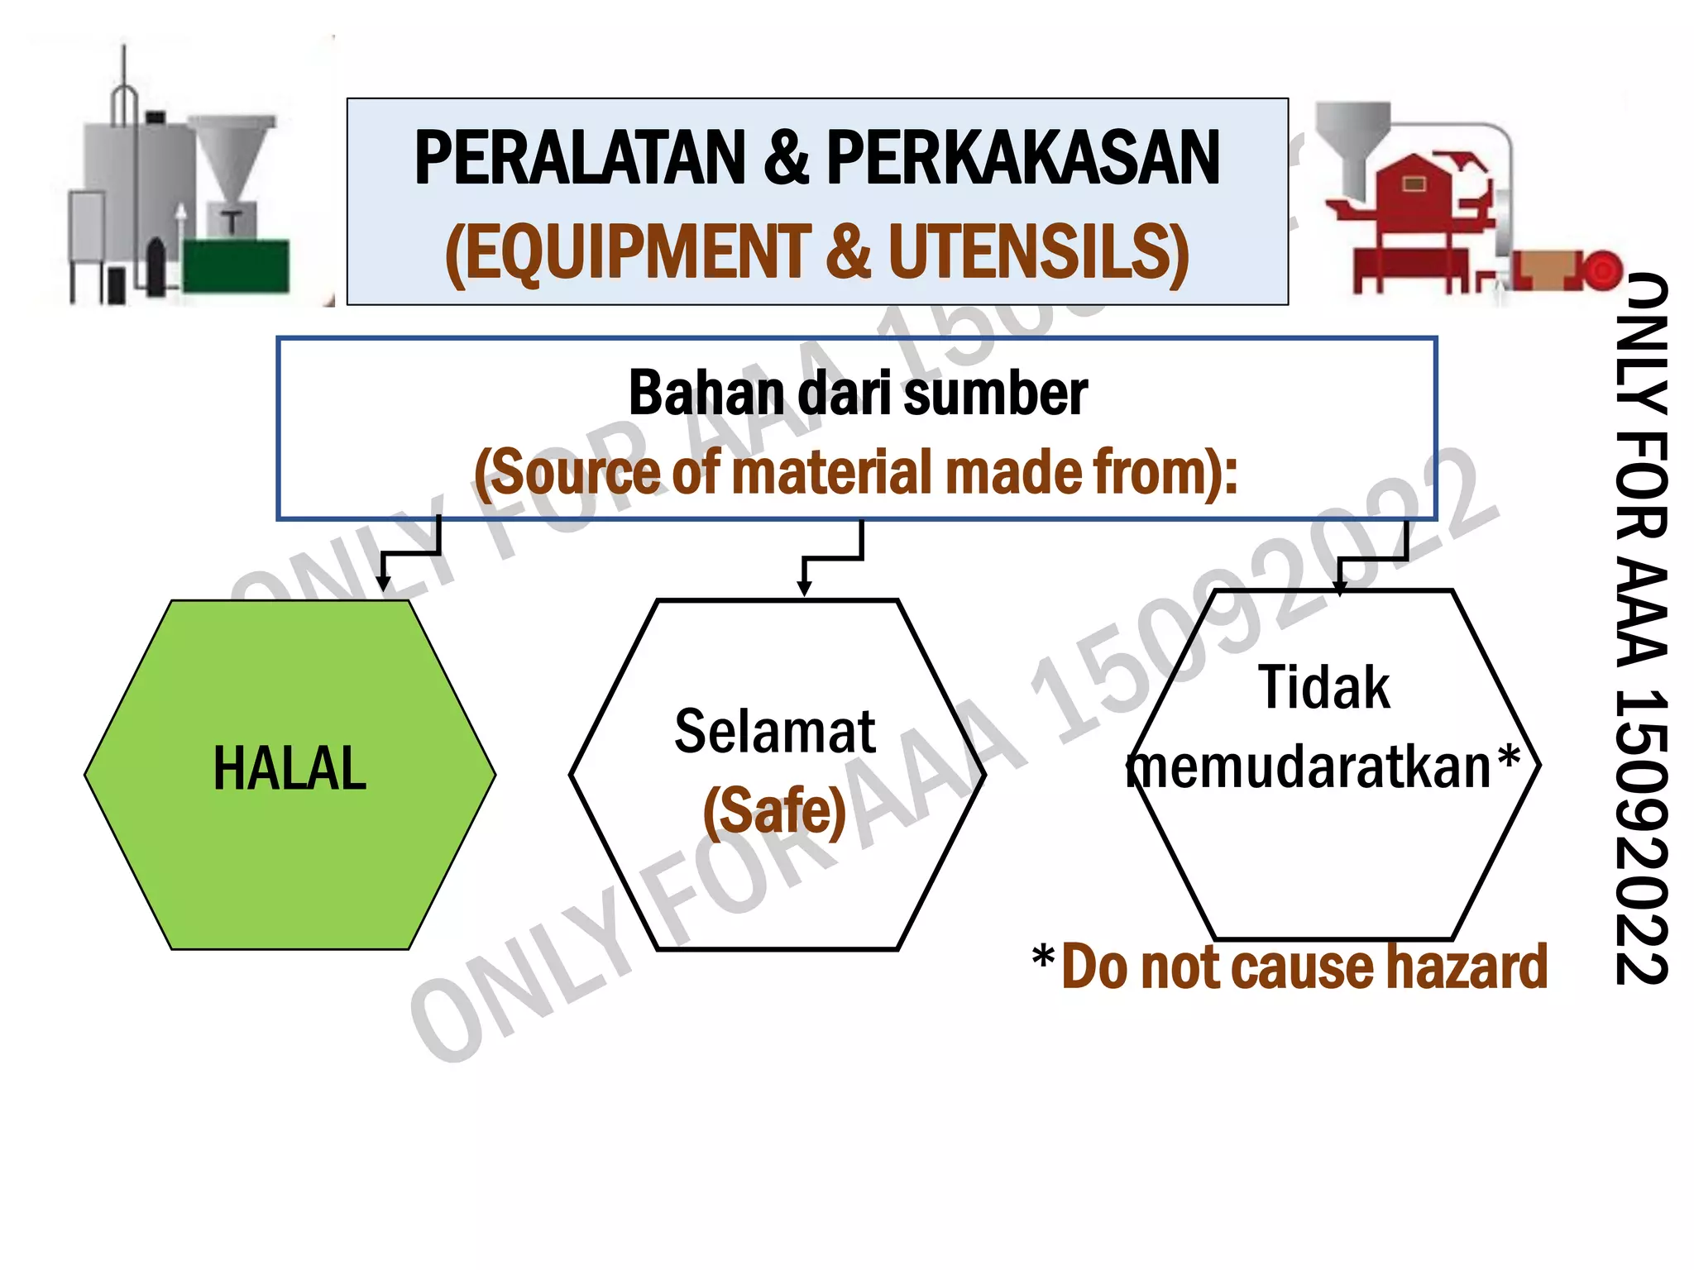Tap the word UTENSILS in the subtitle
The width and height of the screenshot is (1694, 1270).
tap(1038, 251)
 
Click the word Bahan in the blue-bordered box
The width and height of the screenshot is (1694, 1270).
tap(706, 394)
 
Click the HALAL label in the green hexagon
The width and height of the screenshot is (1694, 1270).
tap(290, 769)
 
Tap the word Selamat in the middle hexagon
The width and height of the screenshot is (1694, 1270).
tap(775, 732)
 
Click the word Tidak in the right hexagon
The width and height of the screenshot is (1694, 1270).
tap(1323, 688)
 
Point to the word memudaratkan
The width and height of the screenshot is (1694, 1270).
tap(1309, 767)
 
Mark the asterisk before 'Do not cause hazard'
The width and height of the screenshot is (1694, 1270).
tap(1044, 959)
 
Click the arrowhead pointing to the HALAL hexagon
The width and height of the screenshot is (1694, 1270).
tap(383, 583)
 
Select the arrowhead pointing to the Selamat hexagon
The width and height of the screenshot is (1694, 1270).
tap(804, 588)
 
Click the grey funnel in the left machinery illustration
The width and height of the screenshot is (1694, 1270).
tap(231, 157)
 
